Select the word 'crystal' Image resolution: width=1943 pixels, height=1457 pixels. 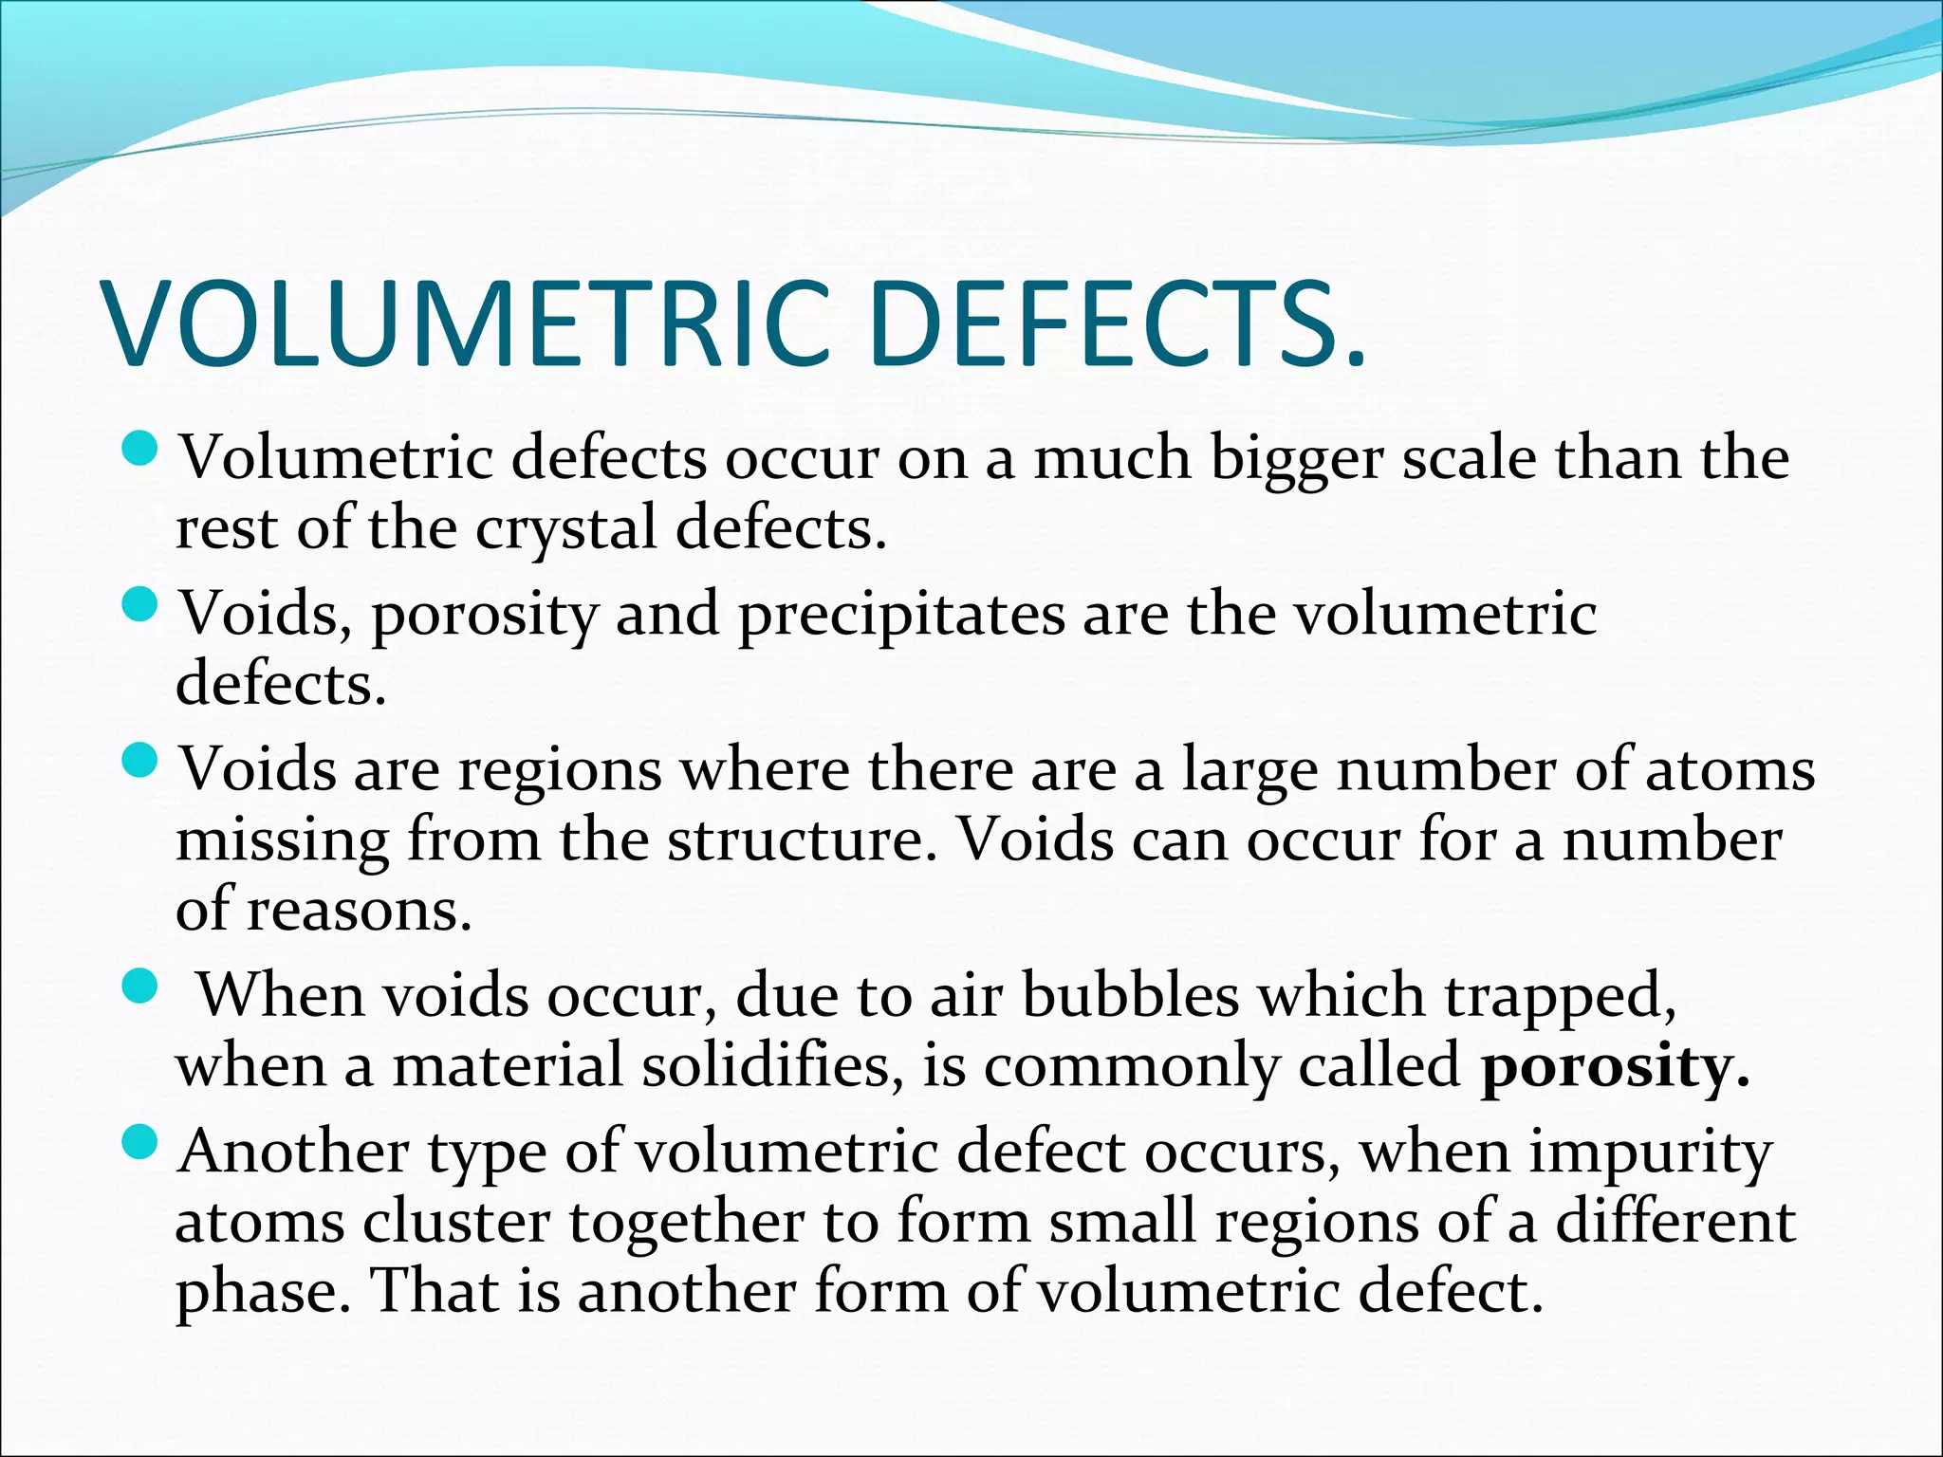point(565,528)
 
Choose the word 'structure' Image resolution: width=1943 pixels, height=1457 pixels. point(793,840)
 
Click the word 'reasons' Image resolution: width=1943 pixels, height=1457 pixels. point(358,911)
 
